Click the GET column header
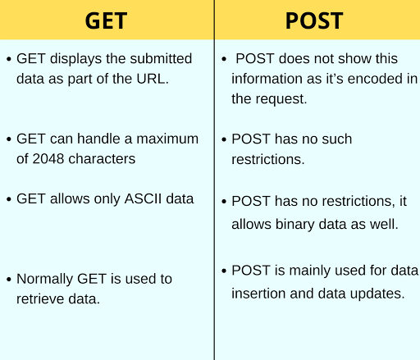pos(107,21)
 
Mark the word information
pos(267,79)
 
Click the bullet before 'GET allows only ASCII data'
pos(8,199)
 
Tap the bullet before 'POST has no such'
pos(224,139)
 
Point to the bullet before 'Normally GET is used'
pos(8,280)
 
